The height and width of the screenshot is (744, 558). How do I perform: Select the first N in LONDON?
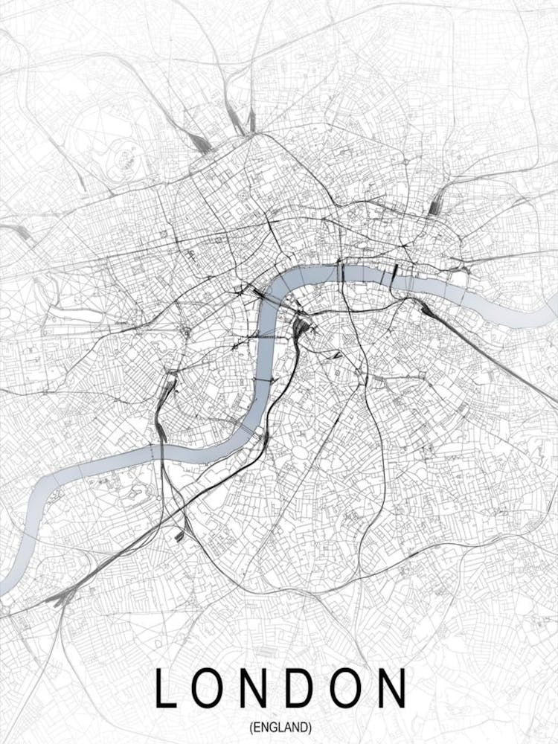coord(266,688)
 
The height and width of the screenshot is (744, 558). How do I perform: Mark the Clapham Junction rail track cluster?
coord(63,595)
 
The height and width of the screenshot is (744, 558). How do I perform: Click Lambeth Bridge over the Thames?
coord(262,379)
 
